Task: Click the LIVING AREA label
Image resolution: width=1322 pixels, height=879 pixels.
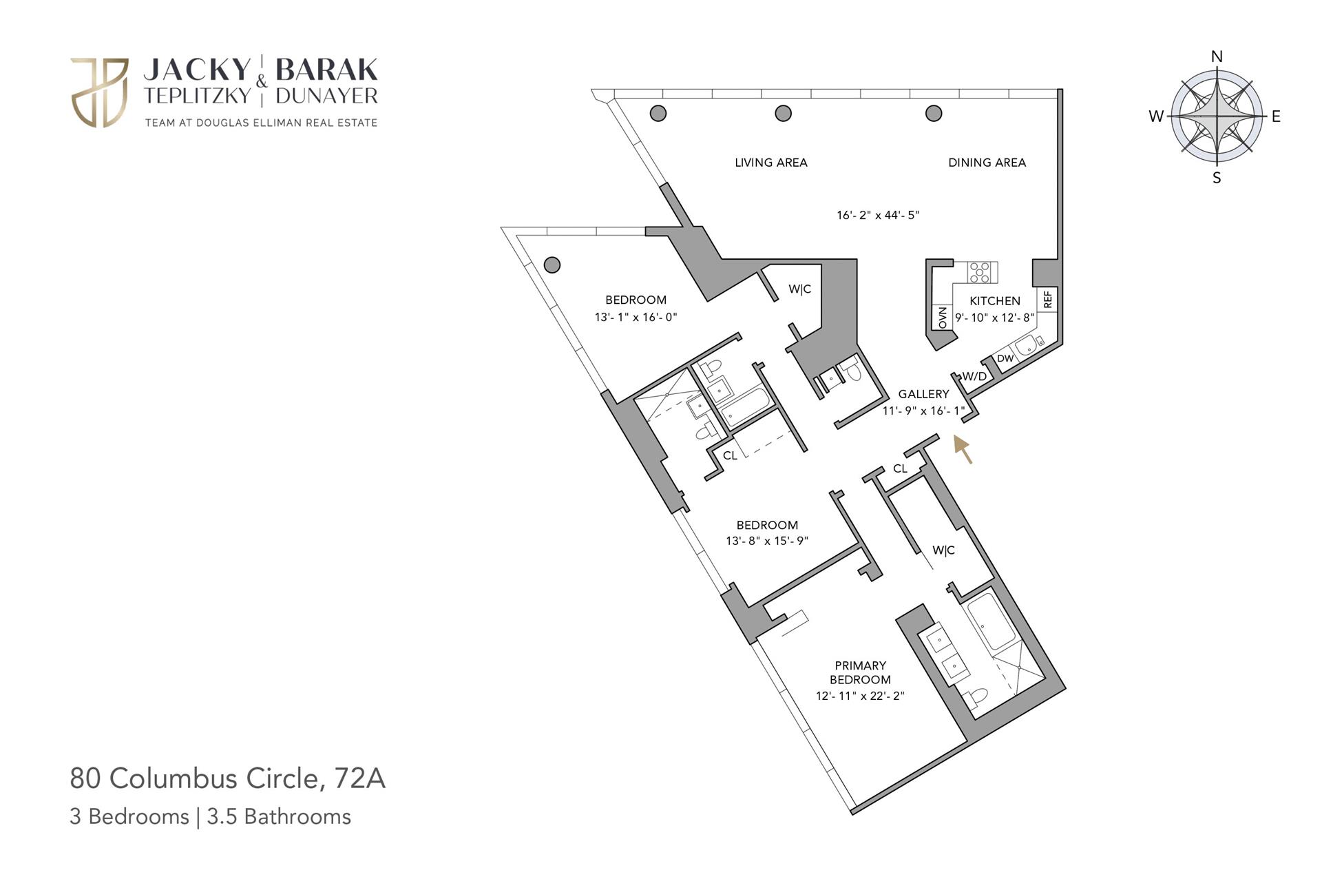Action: coord(770,163)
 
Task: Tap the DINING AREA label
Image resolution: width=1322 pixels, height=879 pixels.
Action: coord(987,163)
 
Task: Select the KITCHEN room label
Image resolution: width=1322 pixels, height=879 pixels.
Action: coord(995,301)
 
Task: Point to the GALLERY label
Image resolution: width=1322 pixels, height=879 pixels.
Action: coord(923,394)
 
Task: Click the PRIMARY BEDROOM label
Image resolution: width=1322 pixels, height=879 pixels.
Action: coord(860,672)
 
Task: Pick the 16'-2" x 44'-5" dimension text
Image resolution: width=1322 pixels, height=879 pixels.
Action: coord(878,215)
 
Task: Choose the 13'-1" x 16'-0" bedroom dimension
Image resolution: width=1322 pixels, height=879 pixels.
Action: coord(636,318)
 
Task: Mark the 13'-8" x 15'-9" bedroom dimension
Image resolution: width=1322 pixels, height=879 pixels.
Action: coord(766,541)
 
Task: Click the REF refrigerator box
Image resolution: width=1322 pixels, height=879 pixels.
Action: coord(1048,300)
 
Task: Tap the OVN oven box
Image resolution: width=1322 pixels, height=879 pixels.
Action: coord(941,318)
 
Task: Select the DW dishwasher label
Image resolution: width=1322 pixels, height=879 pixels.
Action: coord(1005,358)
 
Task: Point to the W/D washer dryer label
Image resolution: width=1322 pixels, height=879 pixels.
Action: coord(974,376)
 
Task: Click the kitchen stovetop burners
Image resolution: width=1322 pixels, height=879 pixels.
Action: coord(980,272)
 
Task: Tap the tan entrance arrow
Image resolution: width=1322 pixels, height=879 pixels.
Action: coord(963,449)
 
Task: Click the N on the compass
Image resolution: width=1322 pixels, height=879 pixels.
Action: coord(1217,56)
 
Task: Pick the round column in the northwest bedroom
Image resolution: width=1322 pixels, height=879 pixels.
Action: coord(552,265)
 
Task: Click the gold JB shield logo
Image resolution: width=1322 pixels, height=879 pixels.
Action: coord(99,92)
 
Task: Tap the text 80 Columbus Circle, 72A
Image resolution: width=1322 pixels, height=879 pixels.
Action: coord(227,778)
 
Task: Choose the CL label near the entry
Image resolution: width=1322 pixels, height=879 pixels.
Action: coord(900,468)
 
